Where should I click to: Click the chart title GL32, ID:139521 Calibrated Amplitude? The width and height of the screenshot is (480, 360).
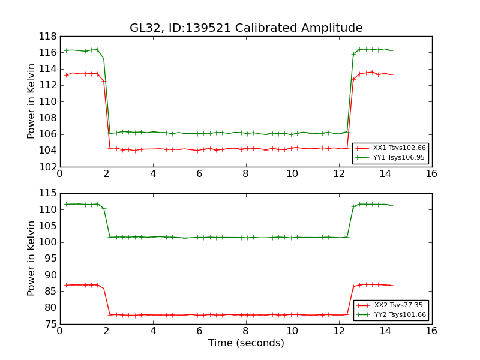pos(246,28)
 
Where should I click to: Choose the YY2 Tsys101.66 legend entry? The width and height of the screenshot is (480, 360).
pos(395,314)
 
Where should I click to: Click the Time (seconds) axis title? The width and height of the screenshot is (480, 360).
pos(246,343)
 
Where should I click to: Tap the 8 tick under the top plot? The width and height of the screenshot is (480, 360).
pos(245,174)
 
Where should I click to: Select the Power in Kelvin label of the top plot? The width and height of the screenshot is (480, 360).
pos(32,101)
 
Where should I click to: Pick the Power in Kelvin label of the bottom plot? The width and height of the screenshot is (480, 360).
pos(32,259)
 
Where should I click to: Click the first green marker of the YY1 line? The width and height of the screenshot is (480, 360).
pos(66,50)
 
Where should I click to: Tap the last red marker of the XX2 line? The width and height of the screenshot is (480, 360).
pos(391,285)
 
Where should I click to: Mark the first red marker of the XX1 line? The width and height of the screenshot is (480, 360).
pos(66,75)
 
